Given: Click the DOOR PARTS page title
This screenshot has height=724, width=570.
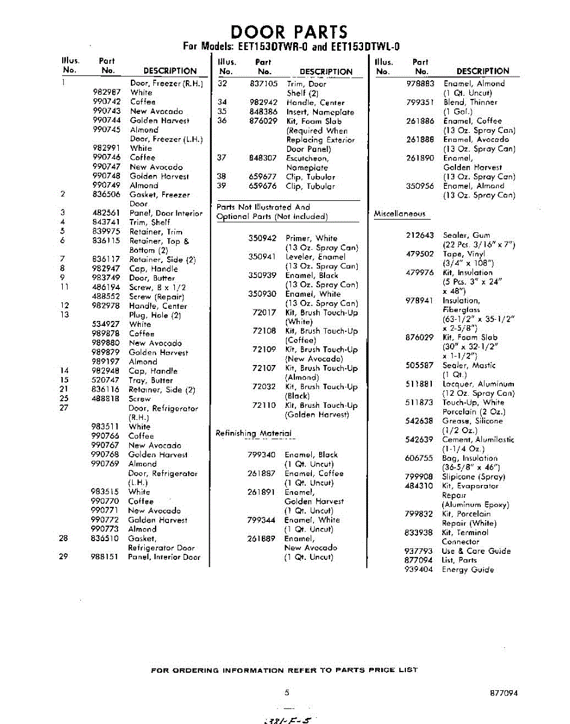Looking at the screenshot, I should point(290,31).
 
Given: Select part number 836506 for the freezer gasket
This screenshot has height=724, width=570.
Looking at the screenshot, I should point(107,194).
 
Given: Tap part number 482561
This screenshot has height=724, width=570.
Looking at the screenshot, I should point(107,213).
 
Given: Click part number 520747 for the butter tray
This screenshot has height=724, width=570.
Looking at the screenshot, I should point(106,380).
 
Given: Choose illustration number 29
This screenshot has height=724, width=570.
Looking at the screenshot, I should point(63,557).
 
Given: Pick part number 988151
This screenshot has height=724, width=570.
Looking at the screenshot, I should point(104,557).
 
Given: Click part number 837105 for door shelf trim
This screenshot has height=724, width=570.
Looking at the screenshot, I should point(264,84).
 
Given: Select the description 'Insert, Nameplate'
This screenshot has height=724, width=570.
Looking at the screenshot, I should point(320,112).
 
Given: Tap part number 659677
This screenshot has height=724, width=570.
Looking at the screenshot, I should point(263,177).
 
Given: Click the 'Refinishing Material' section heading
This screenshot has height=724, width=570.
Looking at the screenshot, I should point(253,433).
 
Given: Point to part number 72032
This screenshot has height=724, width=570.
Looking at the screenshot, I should point(264,387).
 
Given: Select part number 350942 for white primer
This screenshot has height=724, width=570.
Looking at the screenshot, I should point(262,238).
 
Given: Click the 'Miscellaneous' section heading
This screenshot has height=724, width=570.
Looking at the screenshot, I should point(399,214).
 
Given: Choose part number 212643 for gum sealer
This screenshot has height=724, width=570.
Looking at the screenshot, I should point(420,235).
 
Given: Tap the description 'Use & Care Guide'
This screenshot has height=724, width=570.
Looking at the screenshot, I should point(476,551).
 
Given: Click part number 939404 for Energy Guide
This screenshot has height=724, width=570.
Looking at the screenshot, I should point(419,570).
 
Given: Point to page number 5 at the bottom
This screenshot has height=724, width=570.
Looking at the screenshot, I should point(287,693).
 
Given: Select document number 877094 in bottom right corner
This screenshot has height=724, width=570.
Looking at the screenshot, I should point(504,693).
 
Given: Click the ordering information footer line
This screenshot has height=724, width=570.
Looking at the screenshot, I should point(284,670).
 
